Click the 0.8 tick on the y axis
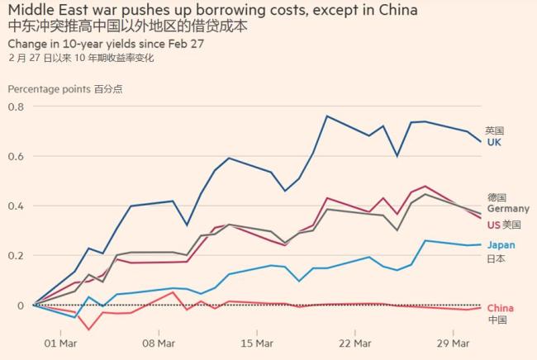(x=16, y=107)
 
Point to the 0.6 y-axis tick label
(x=16, y=156)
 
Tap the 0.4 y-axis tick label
(x=16, y=206)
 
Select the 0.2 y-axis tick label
(x=16, y=255)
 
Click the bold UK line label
(x=493, y=142)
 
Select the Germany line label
(x=507, y=209)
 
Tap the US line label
(x=494, y=225)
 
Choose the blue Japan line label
(x=501, y=245)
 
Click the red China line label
(x=500, y=308)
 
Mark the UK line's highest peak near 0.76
(x=327, y=116)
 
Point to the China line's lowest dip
(x=88, y=329)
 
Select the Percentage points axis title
(x=49, y=88)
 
